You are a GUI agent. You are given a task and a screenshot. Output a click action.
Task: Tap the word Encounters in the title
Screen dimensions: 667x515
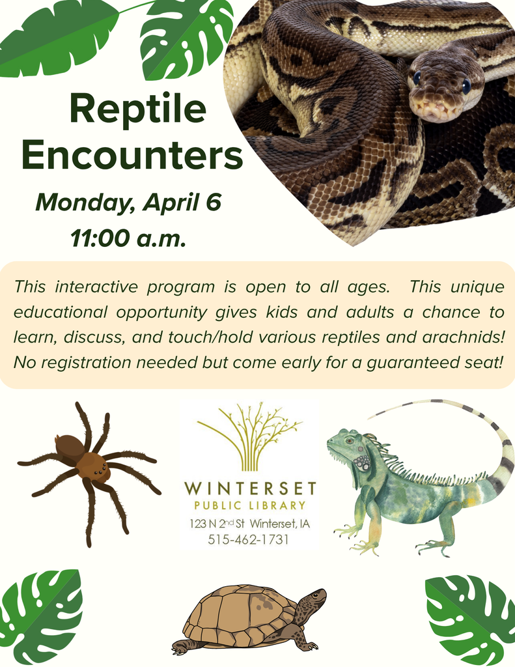pyautogui.click(x=132, y=156)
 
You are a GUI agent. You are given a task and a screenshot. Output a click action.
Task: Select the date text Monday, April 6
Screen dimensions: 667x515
pyautogui.click(x=128, y=202)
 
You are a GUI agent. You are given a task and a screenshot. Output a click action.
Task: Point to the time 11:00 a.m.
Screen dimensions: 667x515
pyautogui.click(x=128, y=238)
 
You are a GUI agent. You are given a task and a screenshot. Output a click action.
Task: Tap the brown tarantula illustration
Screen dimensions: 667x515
pyautogui.click(x=89, y=465)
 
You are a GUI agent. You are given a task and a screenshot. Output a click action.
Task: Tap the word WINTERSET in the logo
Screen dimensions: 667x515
pyautogui.click(x=250, y=489)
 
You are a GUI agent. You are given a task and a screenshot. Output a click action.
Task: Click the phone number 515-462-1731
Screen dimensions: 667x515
pyautogui.click(x=248, y=539)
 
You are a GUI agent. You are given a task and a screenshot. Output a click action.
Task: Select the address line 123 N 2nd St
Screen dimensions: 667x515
pyautogui.click(x=219, y=524)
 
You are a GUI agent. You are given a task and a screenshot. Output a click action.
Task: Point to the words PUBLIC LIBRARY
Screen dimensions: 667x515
pyautogui.click(x=250, y=505)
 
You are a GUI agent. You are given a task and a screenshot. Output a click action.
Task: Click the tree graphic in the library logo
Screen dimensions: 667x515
pyautogui.click(x=251, y=434)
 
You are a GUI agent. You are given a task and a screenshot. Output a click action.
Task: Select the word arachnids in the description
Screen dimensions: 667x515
pyautogui.click(x=462, y=337)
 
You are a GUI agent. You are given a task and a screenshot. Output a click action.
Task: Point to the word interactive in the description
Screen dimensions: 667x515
pyautogui.click(x=97, y=287)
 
